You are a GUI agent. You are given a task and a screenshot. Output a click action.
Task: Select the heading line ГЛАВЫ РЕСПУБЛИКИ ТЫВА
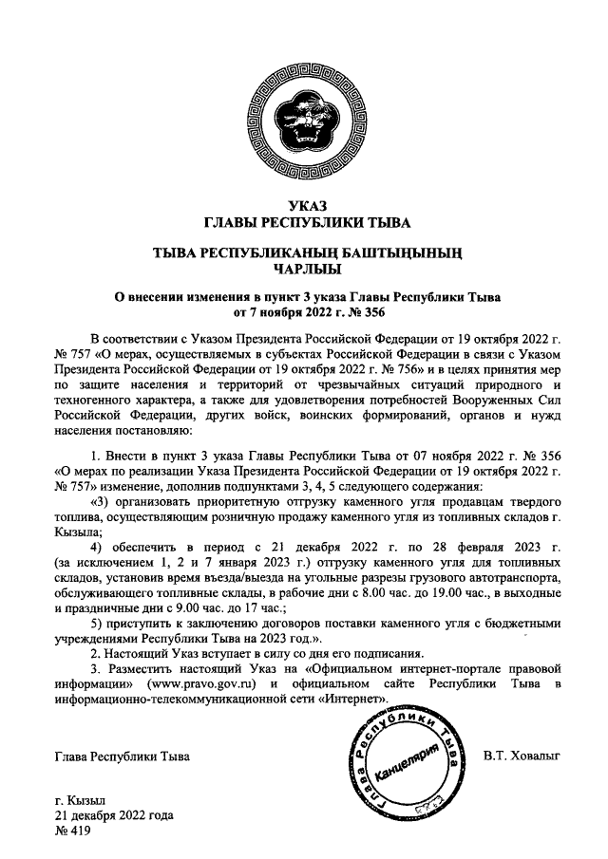coord(303,224)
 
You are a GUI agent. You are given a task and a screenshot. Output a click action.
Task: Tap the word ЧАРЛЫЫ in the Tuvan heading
coord(303,269)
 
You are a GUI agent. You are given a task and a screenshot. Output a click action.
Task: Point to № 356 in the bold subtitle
coord(366,311)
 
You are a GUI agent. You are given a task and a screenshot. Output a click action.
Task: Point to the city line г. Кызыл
coord(81,800)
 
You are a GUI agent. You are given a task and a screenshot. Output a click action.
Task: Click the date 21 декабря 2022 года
coord(114,815)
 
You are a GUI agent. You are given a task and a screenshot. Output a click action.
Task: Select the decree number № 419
coord(72,831)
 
